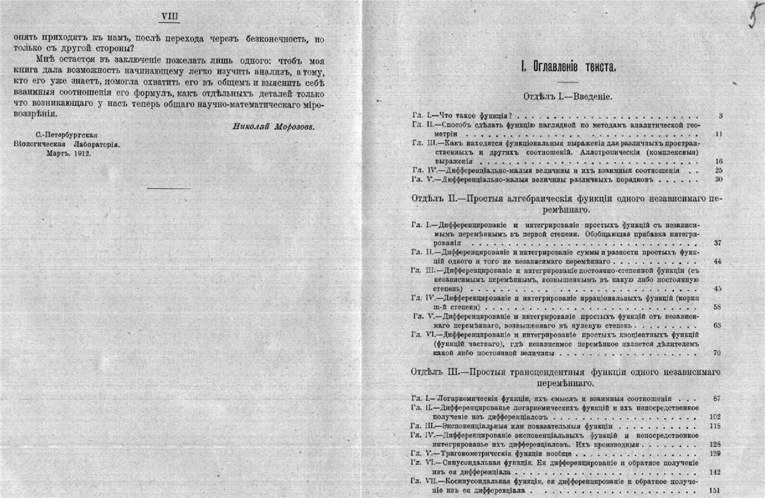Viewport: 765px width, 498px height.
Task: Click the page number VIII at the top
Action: pyautogui.click(x=169, y=15)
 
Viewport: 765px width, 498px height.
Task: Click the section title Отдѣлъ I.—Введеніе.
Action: pyautogui.click(x=567, y=96)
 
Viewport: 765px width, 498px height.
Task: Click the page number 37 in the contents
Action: pyautogui.click(x=717, y=243)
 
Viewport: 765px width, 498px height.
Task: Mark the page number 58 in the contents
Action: pyautogui.click(x=717, y=307)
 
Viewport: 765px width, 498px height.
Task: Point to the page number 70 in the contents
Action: pyautogui.click(x=717, y=353)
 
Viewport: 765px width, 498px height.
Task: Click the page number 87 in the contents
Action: pyautogui.click(x=717, y=399)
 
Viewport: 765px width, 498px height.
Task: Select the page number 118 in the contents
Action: pyautogui.click(x=715, y=426)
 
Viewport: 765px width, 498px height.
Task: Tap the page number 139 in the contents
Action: pyautogui.click(x=715, y=454)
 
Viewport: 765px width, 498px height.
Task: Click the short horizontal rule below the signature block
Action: pyautogui.click(x=168, y=187)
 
